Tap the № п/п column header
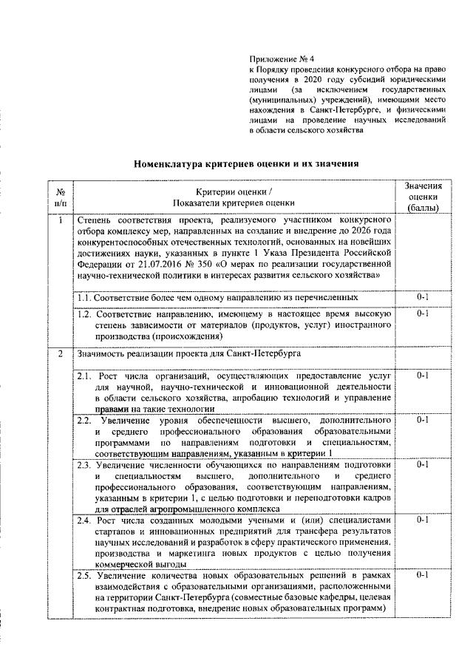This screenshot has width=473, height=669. coord(61,196)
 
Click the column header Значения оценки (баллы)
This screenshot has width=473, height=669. coord(423,196)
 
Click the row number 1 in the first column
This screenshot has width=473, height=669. coord(61,220)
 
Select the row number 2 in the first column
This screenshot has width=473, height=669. coord(61,353)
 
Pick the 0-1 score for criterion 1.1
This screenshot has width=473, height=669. coord(423,297)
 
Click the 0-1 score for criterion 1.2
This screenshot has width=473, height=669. coord(423,313)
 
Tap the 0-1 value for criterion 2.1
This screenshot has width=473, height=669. coord(423,376)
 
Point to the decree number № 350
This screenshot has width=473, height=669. coord(189,264)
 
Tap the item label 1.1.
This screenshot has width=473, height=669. coord(85,297)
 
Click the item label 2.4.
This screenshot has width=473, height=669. coord(86,520)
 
